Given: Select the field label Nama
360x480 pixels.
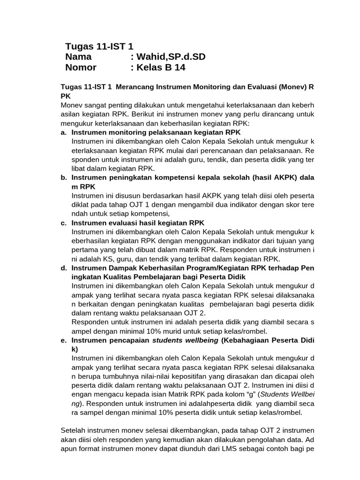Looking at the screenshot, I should [79, 57].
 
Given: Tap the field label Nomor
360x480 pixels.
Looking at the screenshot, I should [81, 67].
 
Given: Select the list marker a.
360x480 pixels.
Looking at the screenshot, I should [63, 133].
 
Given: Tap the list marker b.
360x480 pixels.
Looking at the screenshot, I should [63, 178].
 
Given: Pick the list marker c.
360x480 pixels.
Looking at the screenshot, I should [63, 223].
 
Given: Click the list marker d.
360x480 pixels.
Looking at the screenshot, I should [63, 268].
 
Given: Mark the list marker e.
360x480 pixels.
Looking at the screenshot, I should [63, 340].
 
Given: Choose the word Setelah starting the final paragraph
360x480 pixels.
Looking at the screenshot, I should [74, 430].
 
